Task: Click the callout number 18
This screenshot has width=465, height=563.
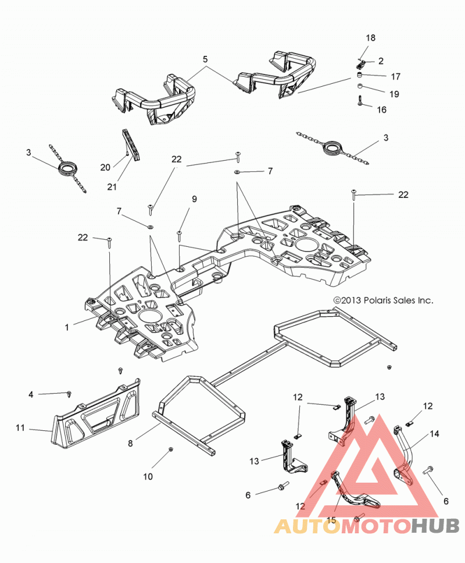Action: (x=370, y=38)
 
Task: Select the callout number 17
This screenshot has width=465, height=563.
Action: (x=395, y=76)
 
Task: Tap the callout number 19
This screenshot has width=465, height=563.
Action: (x=394, y=94)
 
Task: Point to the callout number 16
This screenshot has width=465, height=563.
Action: (x=382, y=110)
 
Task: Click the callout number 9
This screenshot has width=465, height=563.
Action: (x=194, y=199)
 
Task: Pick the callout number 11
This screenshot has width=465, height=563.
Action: (x=20, y=428)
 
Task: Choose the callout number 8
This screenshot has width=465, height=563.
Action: (x=130, y=444)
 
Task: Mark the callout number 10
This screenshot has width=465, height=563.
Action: (x=148, y=476)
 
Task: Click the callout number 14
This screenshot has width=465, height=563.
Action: (x=434, y=434)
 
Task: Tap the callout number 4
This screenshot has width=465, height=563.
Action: (x=31, y=395)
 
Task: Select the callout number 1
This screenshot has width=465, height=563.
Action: (x=67, y=327)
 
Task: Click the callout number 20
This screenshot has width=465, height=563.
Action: (x=105, y=167)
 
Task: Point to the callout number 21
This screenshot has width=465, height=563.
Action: (x=112, y=187)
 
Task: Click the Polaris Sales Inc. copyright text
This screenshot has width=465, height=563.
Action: (x=383, y=300)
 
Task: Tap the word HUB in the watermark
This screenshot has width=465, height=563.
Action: (x=435, y=526)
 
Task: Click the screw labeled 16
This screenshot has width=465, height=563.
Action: (x=360, y=101)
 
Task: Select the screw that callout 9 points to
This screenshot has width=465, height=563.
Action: (x=179, y=236)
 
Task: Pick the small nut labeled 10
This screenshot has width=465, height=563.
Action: (x=171, y=449)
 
